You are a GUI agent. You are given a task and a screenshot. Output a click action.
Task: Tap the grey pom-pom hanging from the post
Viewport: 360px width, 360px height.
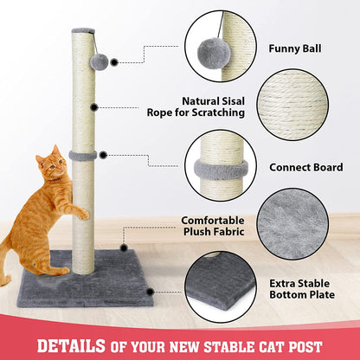point(99,61)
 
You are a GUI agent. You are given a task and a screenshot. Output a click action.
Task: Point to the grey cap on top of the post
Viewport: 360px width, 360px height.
point(84,31)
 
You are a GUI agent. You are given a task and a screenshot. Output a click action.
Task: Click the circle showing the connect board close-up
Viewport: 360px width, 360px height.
point(222,165)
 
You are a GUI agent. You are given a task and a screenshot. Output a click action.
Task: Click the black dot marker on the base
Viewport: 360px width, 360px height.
point(150,292)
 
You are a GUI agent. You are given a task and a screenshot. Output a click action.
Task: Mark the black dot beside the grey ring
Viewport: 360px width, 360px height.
point(103,155)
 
